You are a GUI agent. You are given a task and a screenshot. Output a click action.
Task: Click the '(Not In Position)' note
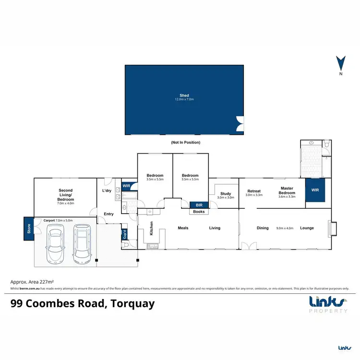coord(185,143)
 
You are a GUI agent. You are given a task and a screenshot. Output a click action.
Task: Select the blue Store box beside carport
coord(28,228)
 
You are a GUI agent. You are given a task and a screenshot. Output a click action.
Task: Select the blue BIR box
coord(198,204)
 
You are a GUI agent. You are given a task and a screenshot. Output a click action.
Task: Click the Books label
coord(198,211)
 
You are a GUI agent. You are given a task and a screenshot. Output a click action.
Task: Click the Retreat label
coord(253,192)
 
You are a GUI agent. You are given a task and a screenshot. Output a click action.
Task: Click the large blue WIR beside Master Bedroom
coord(316,190)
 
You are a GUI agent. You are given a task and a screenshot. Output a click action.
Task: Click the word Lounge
coord(307,228)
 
